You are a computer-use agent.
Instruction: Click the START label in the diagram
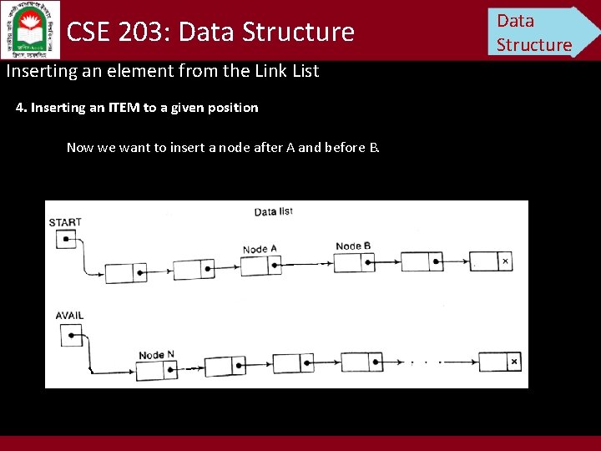[65, 222]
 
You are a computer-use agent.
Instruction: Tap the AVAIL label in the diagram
[69, 316]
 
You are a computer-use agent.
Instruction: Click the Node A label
[260, 249]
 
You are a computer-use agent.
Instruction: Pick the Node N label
[156, 355]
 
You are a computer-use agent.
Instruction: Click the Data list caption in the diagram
[273, 212]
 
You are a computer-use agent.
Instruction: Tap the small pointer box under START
[65, 240]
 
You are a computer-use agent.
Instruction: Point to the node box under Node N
[158, 370]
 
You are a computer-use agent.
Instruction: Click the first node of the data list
[125, 273]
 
